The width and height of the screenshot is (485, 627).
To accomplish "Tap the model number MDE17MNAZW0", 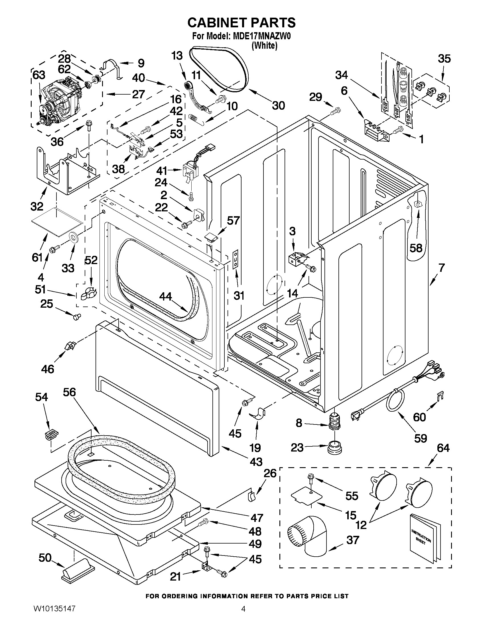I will click(x=261, y=36).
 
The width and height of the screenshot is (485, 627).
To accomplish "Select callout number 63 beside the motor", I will click(x=39, y=75).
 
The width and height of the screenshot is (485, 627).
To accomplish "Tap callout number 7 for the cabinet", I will click(x=441, y=268).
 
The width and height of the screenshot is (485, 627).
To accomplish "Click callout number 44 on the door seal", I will click(x=165, y=297).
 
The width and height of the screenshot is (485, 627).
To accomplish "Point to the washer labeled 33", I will click(x=74, y=238).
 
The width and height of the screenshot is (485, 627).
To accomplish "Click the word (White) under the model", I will click(x=264, y=46).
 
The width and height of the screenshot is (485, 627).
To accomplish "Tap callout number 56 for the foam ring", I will click(x=69, y=392).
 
